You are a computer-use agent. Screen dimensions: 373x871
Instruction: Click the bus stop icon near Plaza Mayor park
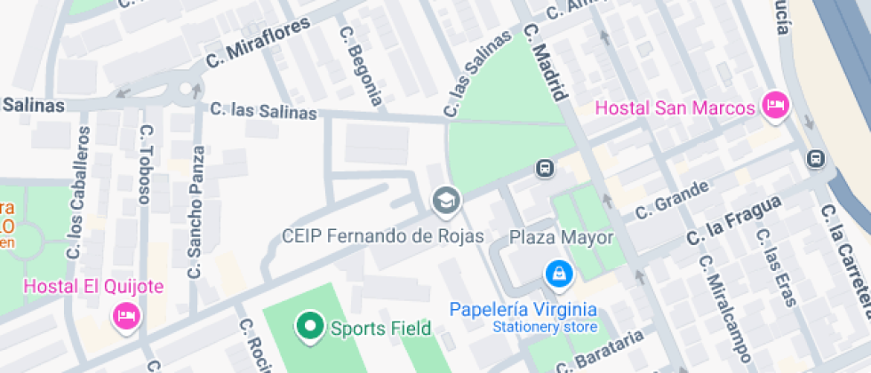tap(544, 168)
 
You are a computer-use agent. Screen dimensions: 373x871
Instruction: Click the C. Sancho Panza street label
tap(196, 213)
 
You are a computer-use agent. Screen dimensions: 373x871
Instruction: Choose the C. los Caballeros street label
tap(78, 193)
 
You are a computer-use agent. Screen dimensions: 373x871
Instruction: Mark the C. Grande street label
tap(673, 200)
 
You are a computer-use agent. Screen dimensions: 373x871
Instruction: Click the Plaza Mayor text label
tap(561, 237)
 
